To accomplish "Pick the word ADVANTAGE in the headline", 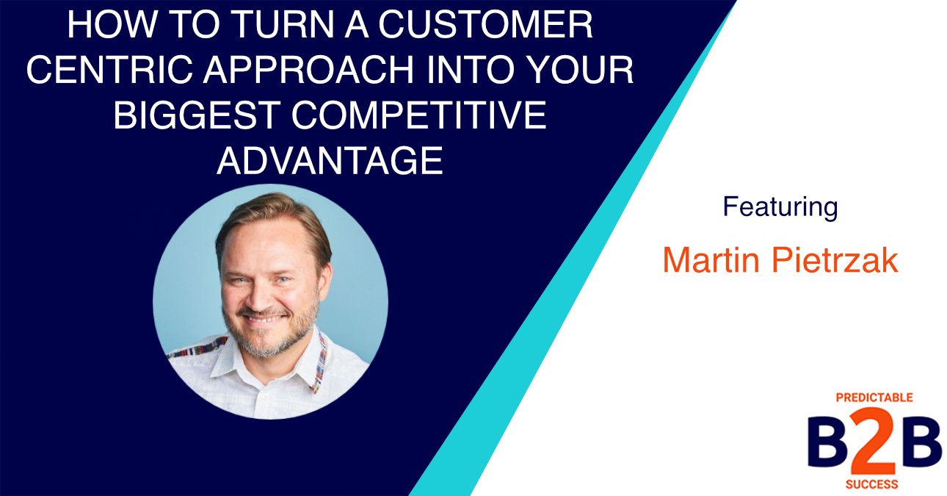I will (x=330, y=160).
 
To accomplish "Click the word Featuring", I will (x=780, y=207).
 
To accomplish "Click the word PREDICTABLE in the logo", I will (x=874, y=398).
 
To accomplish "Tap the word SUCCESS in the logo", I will (x=874, y=485).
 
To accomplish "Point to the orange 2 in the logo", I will (x=875, y=443).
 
